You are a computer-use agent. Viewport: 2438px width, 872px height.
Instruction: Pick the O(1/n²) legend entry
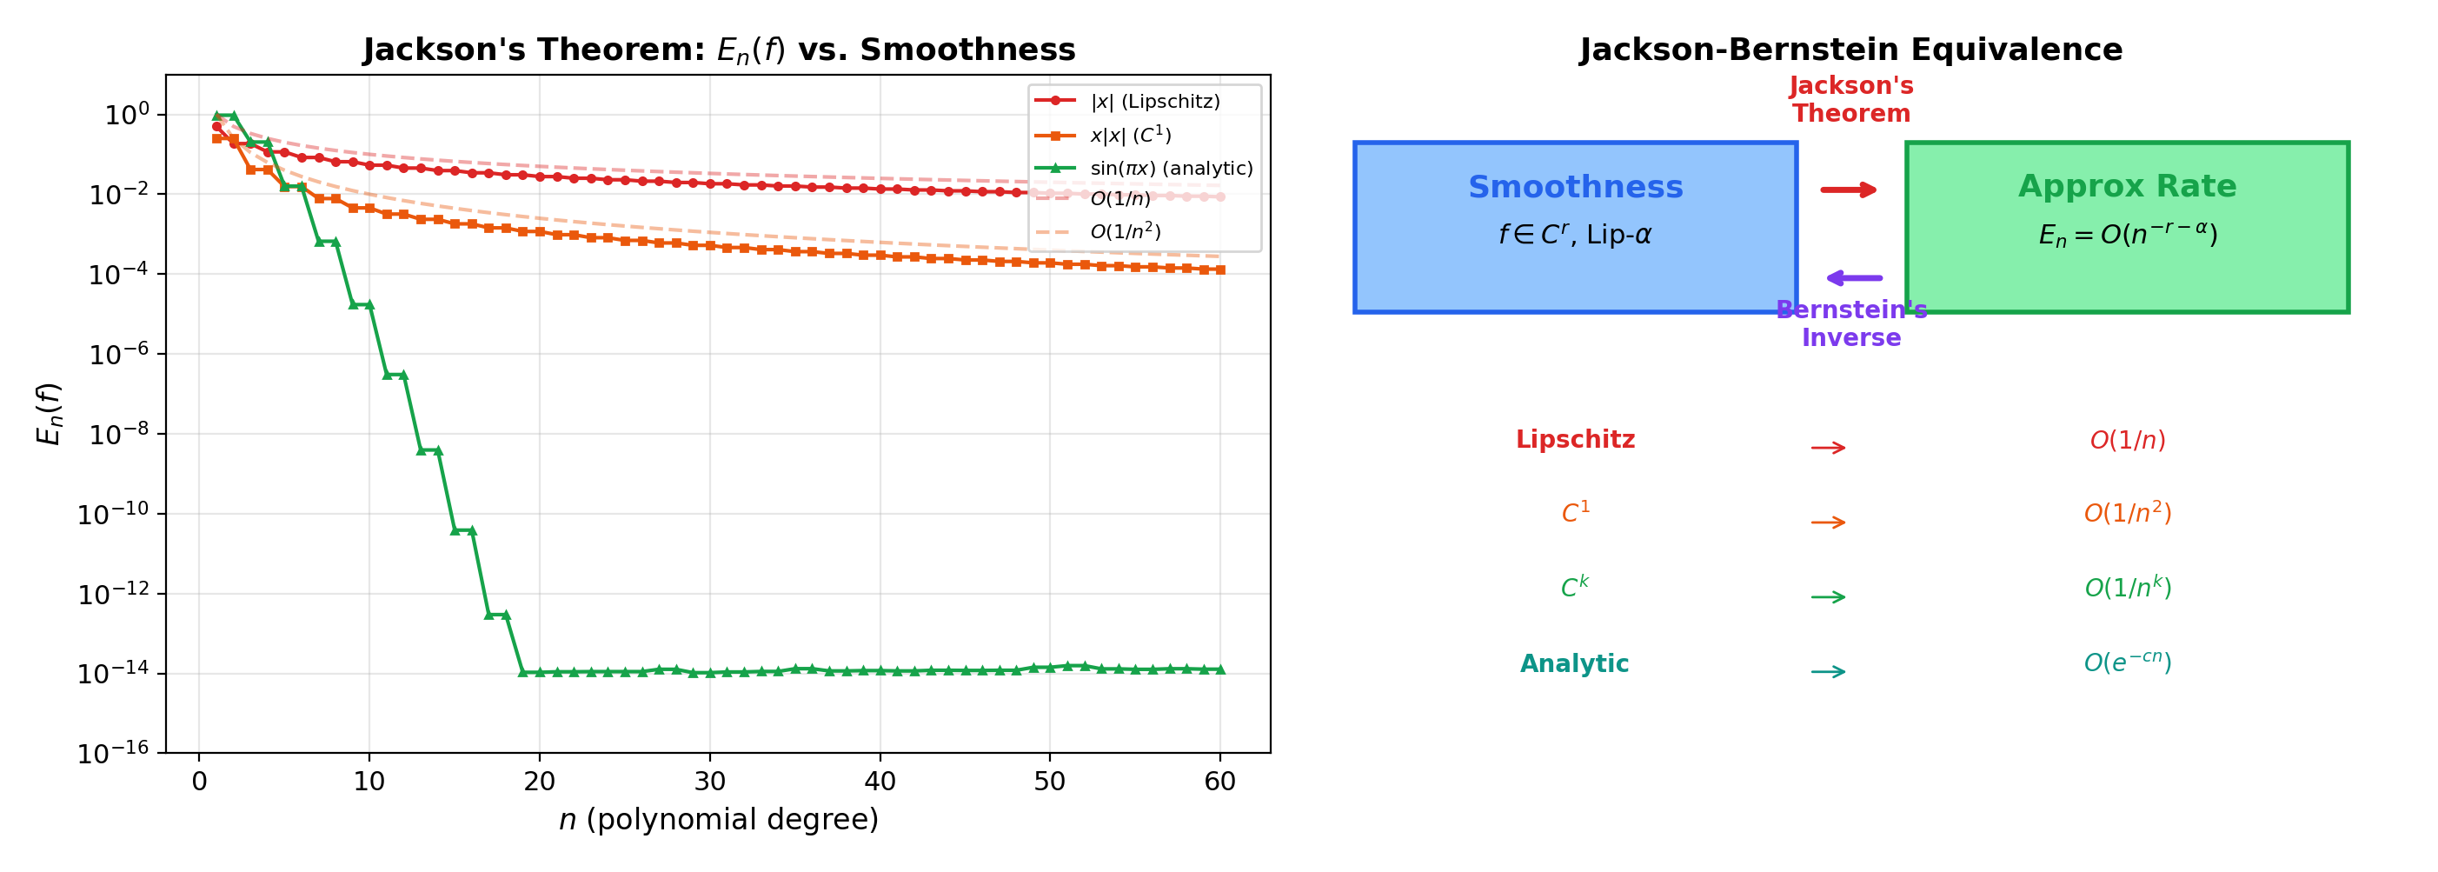click(1125, 232)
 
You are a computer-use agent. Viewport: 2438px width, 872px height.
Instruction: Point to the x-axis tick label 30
click(709, 782)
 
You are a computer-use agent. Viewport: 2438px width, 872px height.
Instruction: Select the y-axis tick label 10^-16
click(114, 754)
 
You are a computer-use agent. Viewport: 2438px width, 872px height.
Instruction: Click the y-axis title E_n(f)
click(49, 414)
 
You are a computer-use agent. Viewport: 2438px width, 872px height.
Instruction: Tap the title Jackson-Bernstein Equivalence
click(1850, 50)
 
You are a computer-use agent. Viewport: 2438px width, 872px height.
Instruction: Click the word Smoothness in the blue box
click(1575, 188)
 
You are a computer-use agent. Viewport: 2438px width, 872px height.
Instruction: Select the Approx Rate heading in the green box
click(2127, 187)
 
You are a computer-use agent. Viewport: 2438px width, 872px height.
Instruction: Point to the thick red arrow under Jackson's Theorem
click(1849, 190)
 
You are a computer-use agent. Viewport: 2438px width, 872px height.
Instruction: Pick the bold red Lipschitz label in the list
click(1575, 439)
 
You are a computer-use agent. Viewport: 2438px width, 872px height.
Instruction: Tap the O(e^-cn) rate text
click(2127, 662)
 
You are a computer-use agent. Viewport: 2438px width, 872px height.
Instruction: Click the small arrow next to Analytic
click(1828, 672)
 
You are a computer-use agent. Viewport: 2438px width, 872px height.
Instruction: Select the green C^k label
click(1575, 587)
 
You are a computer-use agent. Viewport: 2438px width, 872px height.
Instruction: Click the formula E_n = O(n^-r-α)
click(2127, 235)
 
